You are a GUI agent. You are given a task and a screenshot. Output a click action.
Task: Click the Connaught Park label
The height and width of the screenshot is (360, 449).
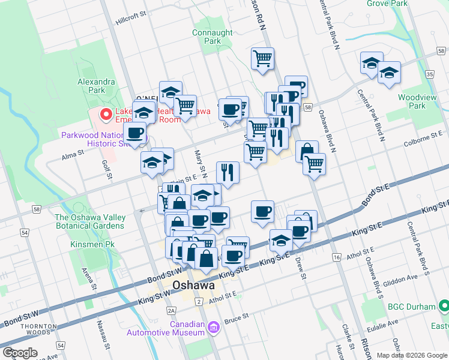[212, 37]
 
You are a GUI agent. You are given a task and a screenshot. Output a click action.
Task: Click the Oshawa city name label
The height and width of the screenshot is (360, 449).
[193, 286]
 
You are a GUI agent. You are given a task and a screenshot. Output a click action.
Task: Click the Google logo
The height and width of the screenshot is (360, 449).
[20, 353]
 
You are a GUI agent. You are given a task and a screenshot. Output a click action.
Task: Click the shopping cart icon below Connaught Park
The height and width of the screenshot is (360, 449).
[262, 59]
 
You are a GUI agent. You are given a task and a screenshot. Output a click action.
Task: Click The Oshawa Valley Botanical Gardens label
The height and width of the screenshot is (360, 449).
[90, 221]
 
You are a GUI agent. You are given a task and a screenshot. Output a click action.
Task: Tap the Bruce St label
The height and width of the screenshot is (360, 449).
[237, 317]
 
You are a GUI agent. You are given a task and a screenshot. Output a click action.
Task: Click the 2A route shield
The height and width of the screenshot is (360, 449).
[172, 310]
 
